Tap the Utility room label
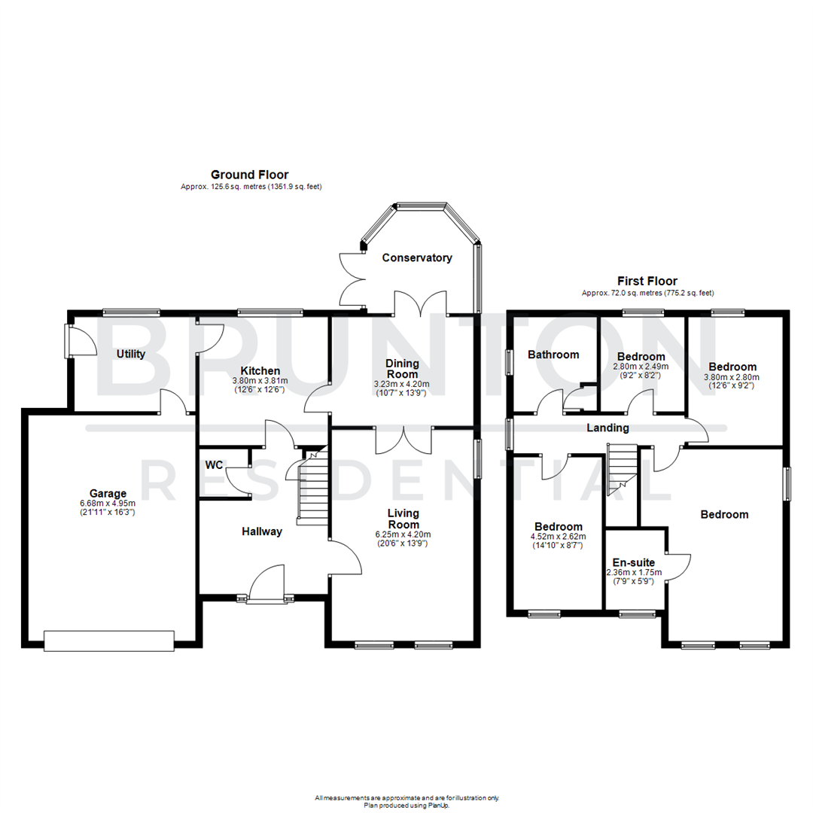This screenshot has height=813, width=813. pos(131,354)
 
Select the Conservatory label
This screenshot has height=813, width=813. pos(417,257)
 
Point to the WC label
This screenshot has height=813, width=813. pos(214,465)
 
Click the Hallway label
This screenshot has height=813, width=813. pos(261,531)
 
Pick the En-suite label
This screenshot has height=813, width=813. pos(633,562)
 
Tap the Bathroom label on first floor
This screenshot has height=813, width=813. pos(553,355)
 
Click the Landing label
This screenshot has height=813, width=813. pos(608,428)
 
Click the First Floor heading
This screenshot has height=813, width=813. pos(647,281)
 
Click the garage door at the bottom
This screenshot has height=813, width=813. pos(109,641)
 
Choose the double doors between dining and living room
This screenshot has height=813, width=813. pos(403,439)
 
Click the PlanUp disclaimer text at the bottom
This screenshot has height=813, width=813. pos(406,799)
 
